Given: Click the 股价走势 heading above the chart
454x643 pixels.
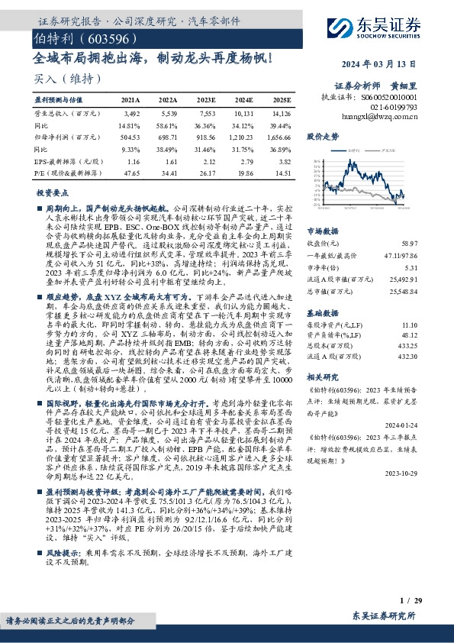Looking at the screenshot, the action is coord(321,137).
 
